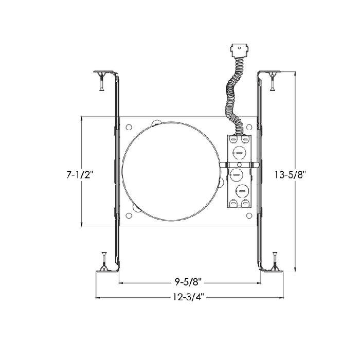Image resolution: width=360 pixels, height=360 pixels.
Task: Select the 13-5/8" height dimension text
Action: pyautogui.click(x=290, y=175)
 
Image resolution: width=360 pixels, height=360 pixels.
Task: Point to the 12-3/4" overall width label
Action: pyautogui.click(x=189, y=297)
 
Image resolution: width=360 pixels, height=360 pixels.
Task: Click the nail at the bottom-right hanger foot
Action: pyautogui.click(x=275, y=260)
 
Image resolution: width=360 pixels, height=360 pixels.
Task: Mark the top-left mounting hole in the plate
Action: pyautogui.click(x=129, y=126)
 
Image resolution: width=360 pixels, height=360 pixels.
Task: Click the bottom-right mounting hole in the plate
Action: pyautogui.click(x=249, y=215)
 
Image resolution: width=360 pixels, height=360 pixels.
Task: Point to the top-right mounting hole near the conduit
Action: pyautogui.click(x=250, y=126)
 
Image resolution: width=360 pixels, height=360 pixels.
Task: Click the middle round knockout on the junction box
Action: pyautogui.click(x=237, y=174)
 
